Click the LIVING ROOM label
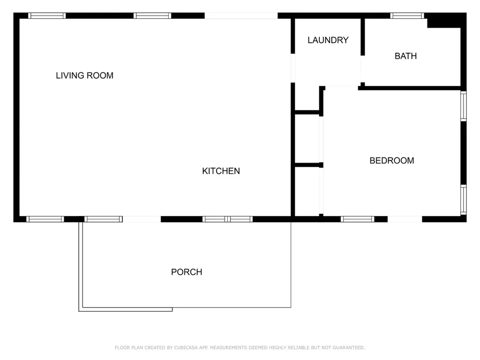[x=84, y=75]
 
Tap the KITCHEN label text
[x=221, y=171]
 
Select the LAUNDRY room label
[x=328, y=40]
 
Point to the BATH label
[x=405, y=56]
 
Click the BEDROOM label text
[x=391, y=161]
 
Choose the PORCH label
[x=187, y=272]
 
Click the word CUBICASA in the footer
[x=186, y=347]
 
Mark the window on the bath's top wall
[x=407, y=15]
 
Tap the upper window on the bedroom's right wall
[x=464, y=106]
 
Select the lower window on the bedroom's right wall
[x=464, y=200]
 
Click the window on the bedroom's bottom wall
[x=357, y=219]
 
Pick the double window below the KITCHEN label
[x=227, y=219]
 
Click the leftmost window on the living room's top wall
[x=47, y=15]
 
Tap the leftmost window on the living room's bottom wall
[x=45, y=219]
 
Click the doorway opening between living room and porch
[x=142, y=219]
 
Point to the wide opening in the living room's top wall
[x=241, y=15]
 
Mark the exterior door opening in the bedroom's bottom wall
[x=405, y=219]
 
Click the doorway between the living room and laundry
[x=292, y=68]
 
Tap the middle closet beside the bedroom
[x=307, y=139]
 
